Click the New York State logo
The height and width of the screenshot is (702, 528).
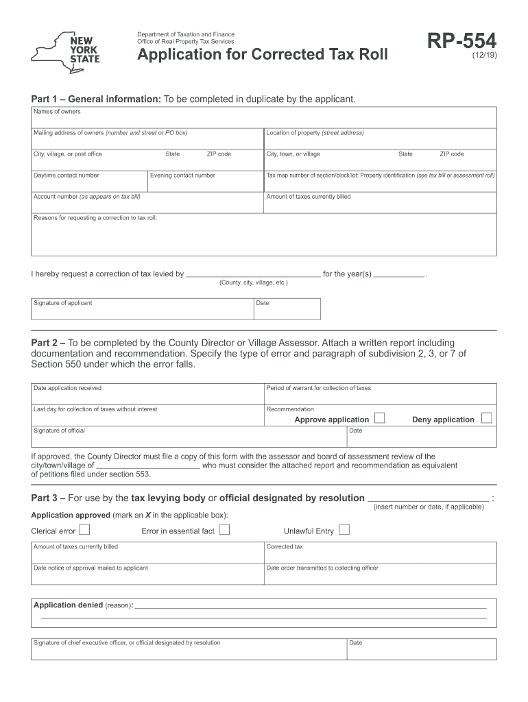(x=66, y=51)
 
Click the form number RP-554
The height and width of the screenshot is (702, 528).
(x=462, y=42)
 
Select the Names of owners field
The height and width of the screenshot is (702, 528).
(x=263, y=117)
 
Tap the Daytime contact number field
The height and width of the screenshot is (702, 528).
(x=89, y=181)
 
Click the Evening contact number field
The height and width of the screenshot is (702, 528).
(x=205, y=181)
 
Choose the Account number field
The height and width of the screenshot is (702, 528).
(x=147, y=202)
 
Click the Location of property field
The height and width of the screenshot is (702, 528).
(x=380, y=138)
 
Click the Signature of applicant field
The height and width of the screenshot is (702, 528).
(x=141, y=309)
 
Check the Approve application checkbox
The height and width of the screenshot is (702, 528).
(x=379, y=418)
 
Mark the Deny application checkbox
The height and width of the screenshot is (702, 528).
(x=486, y=418)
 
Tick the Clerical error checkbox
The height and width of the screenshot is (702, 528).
(x=84, y=529)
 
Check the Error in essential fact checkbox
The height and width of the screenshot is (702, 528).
(x=224, y=529)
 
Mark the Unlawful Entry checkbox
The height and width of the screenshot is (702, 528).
(x=344, y=529)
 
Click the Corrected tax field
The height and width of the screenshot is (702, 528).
(x=380, y=553)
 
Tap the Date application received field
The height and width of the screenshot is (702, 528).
(x=147, y=394)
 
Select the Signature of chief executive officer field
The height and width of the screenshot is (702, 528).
(x=188, y=649)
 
